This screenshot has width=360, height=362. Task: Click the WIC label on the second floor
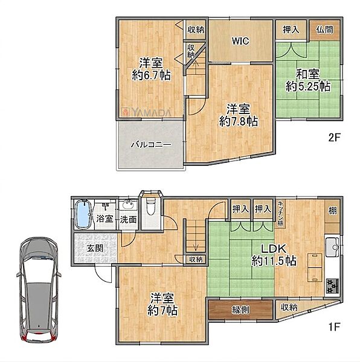(240, 41)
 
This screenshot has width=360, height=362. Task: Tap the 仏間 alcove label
(324, 30)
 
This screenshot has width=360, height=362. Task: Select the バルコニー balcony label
(152, 145)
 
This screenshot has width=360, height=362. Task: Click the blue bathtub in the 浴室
(83, 214)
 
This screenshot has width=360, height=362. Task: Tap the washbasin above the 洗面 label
(129, 205)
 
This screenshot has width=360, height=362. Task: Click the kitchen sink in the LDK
(332, 247)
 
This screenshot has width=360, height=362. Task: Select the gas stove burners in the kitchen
(332, 286)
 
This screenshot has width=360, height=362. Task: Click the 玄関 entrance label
(95, 249)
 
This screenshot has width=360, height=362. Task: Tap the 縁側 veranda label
(240, 310)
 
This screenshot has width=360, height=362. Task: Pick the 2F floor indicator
(335, 138)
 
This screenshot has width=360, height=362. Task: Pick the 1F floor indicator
(334, 326)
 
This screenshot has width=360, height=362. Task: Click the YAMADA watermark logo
(147, 112)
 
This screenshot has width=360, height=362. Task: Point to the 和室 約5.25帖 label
(308, 80)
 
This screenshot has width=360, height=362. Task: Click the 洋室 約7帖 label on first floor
(162, 305)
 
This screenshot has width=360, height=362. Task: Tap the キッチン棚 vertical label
(280, 213)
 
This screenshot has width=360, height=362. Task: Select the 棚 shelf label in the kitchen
(332, 211)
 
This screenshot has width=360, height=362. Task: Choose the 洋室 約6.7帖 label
(152, 69)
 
